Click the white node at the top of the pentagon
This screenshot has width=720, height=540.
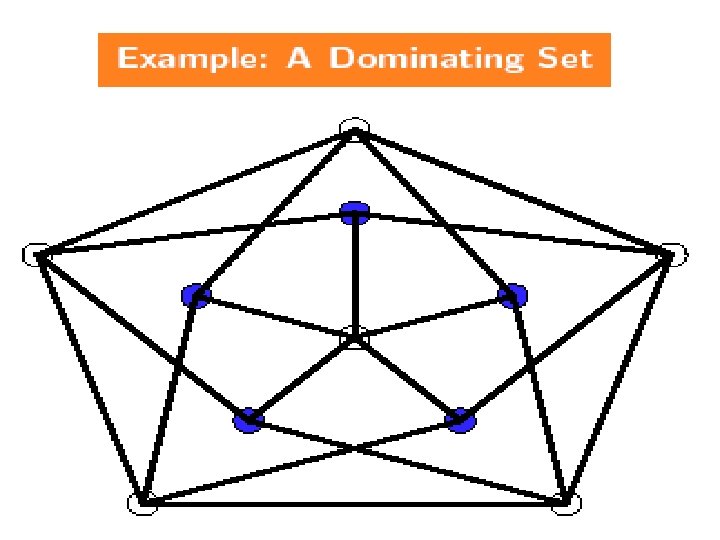354,129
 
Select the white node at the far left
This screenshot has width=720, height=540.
35,255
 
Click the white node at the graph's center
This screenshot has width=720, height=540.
354,338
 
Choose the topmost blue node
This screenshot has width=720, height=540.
354,212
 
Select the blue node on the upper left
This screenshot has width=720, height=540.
196,295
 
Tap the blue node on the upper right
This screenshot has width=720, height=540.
512,294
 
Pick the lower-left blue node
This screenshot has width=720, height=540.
247,421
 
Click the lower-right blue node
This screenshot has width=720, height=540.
460,420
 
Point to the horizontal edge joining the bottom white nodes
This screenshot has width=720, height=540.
354,503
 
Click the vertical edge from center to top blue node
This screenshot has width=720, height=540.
354,275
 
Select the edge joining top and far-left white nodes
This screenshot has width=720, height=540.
195,192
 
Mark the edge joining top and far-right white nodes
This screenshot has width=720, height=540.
514,192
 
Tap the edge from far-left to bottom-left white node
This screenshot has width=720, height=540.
89,379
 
